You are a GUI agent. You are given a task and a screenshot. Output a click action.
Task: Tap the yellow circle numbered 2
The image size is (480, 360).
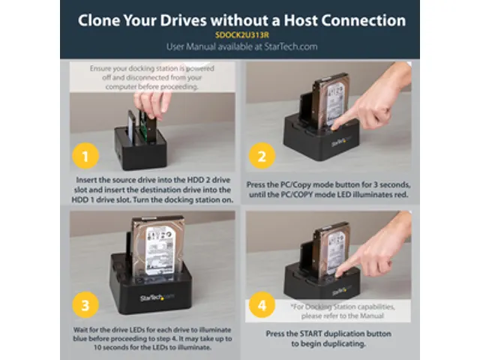[x=262, y=158]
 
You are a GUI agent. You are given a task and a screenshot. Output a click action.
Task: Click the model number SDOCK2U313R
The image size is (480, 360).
[x=239, y=34]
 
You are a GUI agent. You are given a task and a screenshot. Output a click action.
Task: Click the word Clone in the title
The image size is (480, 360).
[x=107, y=18]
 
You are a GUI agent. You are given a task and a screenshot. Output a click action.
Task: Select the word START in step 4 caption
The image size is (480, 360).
[x=320, y=332]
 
